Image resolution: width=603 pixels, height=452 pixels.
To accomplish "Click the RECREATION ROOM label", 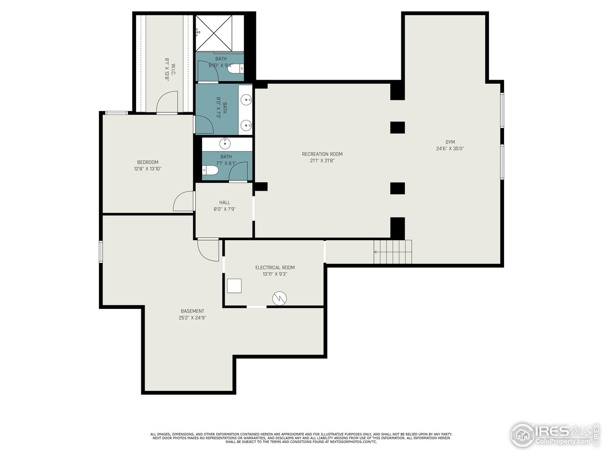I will (322, 154).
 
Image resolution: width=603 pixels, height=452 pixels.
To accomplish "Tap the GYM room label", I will (450, 142).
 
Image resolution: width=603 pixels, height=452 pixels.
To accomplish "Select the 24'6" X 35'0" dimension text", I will (450, 149).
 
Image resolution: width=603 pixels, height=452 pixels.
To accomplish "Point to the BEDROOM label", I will (147, 162).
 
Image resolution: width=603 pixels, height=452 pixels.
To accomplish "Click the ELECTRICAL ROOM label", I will (275, 267).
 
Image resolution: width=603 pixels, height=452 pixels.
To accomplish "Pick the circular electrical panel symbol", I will (280, 298).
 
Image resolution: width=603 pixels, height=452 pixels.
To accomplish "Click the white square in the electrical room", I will (234, 286).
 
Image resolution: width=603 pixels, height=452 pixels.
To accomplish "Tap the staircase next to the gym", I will (393, 252).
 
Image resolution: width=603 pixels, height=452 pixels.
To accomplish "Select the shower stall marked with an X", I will (214, 32).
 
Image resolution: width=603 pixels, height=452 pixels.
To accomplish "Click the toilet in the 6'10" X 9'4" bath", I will (236, 69).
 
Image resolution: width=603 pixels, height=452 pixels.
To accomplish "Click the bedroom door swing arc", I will (183, 202).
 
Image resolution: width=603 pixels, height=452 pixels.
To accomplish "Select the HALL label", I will (225, 202).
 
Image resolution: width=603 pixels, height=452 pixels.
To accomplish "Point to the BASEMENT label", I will (192, 311).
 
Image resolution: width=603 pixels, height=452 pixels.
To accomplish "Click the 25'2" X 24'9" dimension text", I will (192, 318).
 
